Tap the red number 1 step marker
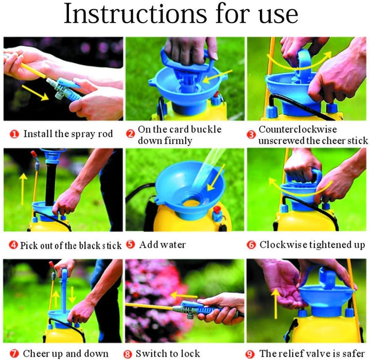pos(14,134)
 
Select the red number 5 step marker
pos(130,244)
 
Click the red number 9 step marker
pos(250,354)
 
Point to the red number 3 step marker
pos(251,135)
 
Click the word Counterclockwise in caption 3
pos(297,129)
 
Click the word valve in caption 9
pos(316,353)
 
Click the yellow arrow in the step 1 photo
pos(35,93)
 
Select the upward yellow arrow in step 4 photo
pos(23,189)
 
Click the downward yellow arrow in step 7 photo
pos(72,295)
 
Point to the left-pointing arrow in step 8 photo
pos(184,295)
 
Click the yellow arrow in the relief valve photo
pos(275,304)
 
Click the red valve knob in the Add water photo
pos(216,209)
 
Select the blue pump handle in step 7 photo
pos(64,290)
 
